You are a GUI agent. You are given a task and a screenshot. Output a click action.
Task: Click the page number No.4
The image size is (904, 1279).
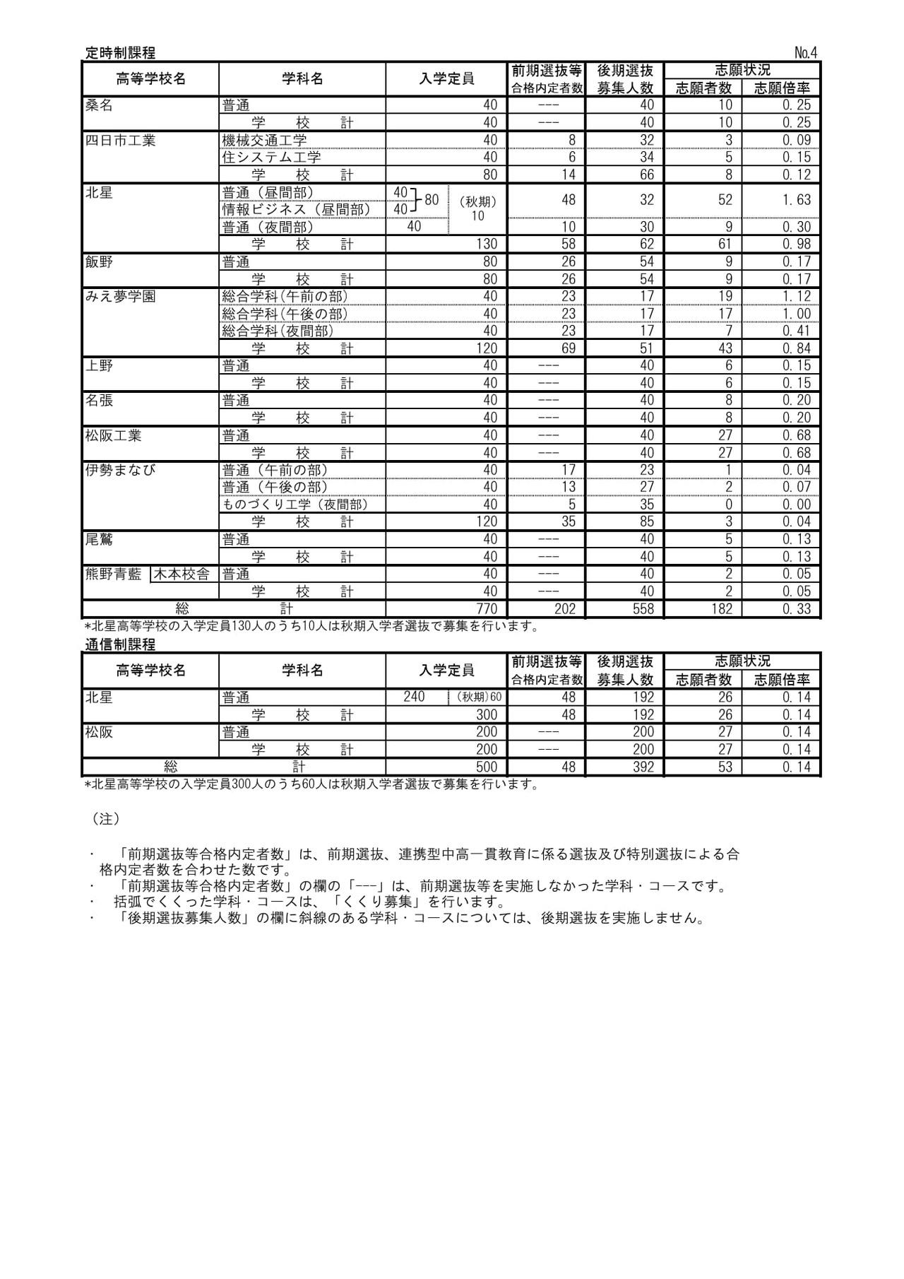(805, 53)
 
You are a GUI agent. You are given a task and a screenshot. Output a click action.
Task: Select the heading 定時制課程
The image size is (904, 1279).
(120, 53)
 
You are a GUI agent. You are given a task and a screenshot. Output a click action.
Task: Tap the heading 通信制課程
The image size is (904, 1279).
(120, 644)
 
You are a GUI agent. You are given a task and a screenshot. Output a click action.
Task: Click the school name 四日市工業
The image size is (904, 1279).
(120, 141)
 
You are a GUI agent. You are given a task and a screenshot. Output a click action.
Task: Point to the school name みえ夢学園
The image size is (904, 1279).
(120, 296)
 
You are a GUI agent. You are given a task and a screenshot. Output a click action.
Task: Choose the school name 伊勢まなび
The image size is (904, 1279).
(120, 470)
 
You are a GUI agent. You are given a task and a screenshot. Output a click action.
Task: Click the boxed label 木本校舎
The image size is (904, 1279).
(182, 574)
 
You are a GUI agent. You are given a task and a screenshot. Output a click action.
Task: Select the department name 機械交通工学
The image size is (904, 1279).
(264, 141)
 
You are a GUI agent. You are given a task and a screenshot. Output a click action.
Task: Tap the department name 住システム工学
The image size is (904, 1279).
(271, 158)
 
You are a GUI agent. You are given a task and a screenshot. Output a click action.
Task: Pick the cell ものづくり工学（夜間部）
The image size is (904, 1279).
(295, 505)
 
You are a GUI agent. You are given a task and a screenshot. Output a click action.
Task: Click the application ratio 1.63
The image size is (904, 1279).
(796, 200)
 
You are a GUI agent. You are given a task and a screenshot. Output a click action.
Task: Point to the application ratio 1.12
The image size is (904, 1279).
(796, 296)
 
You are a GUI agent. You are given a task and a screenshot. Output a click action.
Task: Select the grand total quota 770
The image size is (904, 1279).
(486, 609)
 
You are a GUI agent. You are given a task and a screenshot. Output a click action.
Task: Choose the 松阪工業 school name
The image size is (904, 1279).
(113, 435)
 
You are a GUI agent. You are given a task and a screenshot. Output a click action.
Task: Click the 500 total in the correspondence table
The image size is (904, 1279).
(486, 767)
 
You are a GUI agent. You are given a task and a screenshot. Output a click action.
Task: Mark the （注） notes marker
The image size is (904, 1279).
(106, 818)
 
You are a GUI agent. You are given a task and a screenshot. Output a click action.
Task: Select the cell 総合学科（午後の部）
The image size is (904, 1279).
(285, 314)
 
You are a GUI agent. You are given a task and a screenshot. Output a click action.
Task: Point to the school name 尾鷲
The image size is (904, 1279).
(99, 539)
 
